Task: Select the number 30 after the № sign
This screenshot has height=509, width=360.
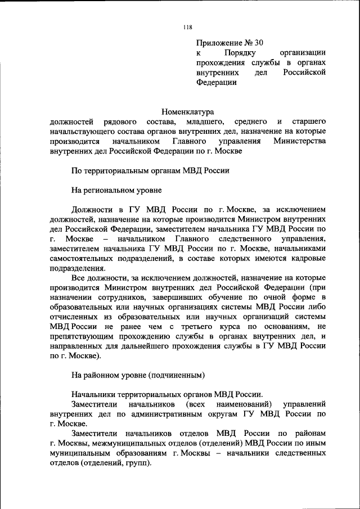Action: click(258, 42)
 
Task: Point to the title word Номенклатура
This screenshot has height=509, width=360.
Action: click(188, 111)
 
